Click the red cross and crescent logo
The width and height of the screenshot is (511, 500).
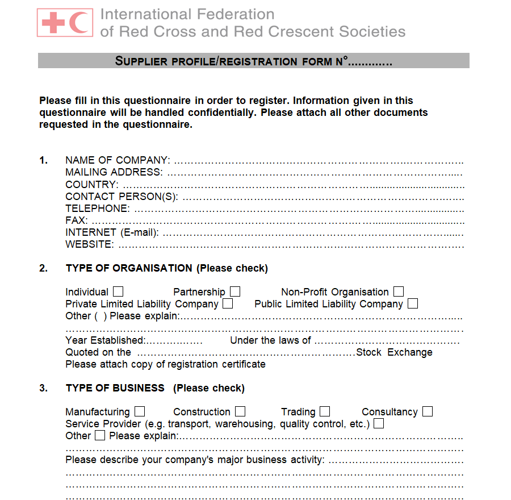65,23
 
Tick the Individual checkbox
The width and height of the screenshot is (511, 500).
118,291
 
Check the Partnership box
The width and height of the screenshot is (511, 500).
235,291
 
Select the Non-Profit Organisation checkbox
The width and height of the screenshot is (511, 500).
399,291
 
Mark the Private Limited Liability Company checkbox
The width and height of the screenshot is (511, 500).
228,303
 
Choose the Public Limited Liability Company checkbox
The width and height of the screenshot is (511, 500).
413,303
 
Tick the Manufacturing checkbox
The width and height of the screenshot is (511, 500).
140,411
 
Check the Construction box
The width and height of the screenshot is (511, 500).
240,411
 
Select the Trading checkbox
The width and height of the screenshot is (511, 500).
325,411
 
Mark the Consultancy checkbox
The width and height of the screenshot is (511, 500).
428,411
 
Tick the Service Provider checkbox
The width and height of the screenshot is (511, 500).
379,423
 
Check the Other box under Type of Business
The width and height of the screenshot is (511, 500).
100,436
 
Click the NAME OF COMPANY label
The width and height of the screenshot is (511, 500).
117,160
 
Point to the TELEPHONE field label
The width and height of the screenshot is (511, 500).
97,209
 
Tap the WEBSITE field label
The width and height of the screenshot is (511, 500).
89,245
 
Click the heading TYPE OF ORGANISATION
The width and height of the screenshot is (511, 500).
129,268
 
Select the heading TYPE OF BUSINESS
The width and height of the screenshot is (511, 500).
115,388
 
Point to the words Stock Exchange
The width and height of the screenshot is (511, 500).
394,352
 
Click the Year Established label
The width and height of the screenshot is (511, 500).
105,340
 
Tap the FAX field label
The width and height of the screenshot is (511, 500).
76,220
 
